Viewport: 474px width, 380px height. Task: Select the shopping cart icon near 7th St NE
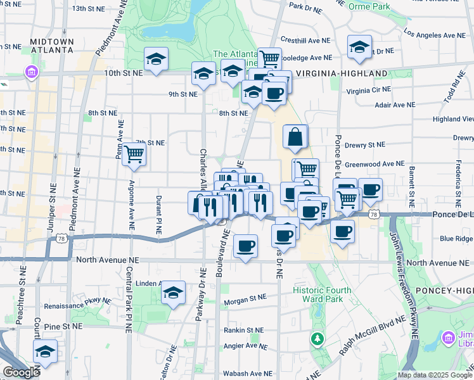[134, 154]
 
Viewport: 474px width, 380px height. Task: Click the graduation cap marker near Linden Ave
[172, 293]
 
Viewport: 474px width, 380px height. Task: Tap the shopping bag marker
[295, 136]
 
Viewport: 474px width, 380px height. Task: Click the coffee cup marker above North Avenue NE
[245, 246]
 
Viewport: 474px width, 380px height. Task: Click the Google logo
[21, 372]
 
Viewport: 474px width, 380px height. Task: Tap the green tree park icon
[317, 339]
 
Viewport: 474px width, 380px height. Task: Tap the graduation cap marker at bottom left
[45, 351]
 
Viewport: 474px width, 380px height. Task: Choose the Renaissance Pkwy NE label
[83, 303]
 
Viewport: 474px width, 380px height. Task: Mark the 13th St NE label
[89, 9]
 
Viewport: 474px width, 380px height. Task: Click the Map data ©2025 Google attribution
[435, 375]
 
